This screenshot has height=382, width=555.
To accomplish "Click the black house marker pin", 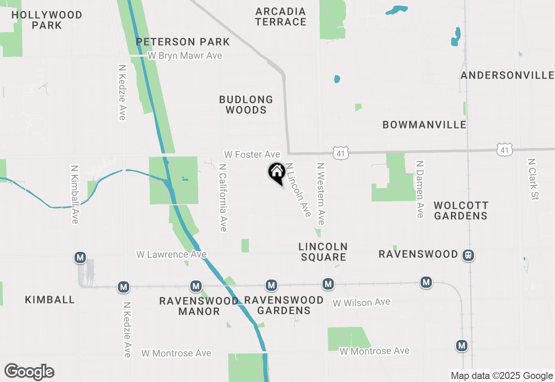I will pos(277,173).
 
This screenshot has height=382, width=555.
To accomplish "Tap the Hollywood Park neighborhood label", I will pos(47,20).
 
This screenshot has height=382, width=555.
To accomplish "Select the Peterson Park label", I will pos(183,42).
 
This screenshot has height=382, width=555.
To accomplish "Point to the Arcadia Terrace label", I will pos(281,16).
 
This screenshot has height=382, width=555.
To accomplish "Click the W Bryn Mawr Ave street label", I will pos(185,56).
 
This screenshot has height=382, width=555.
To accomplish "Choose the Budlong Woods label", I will pos(246,105).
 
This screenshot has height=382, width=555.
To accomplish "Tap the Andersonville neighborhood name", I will pos(507,75).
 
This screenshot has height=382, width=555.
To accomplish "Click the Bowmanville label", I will pos(424,125).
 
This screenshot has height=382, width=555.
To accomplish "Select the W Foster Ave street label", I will pos(252,155).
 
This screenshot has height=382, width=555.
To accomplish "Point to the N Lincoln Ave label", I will pos(298,190).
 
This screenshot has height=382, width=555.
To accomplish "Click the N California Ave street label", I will pos(223,198).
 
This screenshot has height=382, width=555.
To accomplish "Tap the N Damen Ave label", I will pos(419,189).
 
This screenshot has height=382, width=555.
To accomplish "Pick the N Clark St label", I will pos(532,179).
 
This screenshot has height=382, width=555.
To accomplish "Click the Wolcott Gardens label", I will pos(461,211).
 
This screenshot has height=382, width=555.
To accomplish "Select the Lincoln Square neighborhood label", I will pos(323,252).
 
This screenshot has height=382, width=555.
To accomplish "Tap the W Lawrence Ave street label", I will pos(171,254).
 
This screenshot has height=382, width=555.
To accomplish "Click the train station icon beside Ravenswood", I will pos(468,255).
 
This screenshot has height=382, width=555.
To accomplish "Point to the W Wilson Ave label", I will pos(361,302).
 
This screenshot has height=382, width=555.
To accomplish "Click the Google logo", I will pos(29,372).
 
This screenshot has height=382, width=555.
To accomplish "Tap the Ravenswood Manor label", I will pos(199,306).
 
